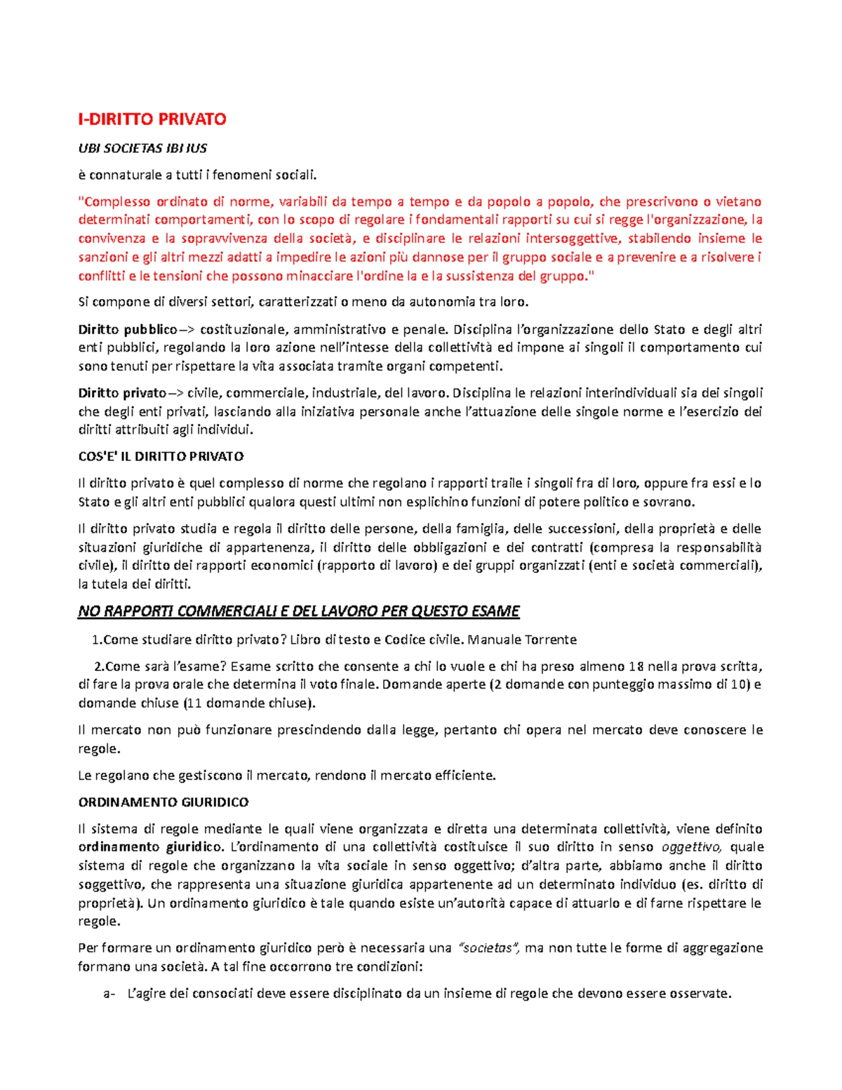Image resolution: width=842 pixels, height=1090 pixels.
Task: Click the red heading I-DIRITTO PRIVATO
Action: point(152,119)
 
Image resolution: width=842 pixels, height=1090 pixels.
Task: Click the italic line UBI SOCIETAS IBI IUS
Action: point(142,148)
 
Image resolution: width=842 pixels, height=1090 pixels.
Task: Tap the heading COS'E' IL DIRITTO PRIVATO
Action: point(161,456)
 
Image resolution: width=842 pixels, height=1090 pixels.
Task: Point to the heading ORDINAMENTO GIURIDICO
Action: point(163,802)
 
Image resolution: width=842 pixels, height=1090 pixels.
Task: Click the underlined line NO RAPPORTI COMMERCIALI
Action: point(298,611)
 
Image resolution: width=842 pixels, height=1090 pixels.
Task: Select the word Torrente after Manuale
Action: point(552,639)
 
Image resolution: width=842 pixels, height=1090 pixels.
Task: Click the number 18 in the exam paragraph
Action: point(636,666)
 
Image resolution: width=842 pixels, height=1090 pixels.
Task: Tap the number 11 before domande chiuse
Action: point(194,703)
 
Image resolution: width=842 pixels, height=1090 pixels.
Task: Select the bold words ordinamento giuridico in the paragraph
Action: point(149,847)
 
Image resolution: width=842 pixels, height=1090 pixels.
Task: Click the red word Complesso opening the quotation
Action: point(112,202)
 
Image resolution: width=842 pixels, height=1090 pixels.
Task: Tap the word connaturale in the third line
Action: point(124,175)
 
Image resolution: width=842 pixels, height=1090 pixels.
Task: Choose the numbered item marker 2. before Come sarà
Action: point(99,666)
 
